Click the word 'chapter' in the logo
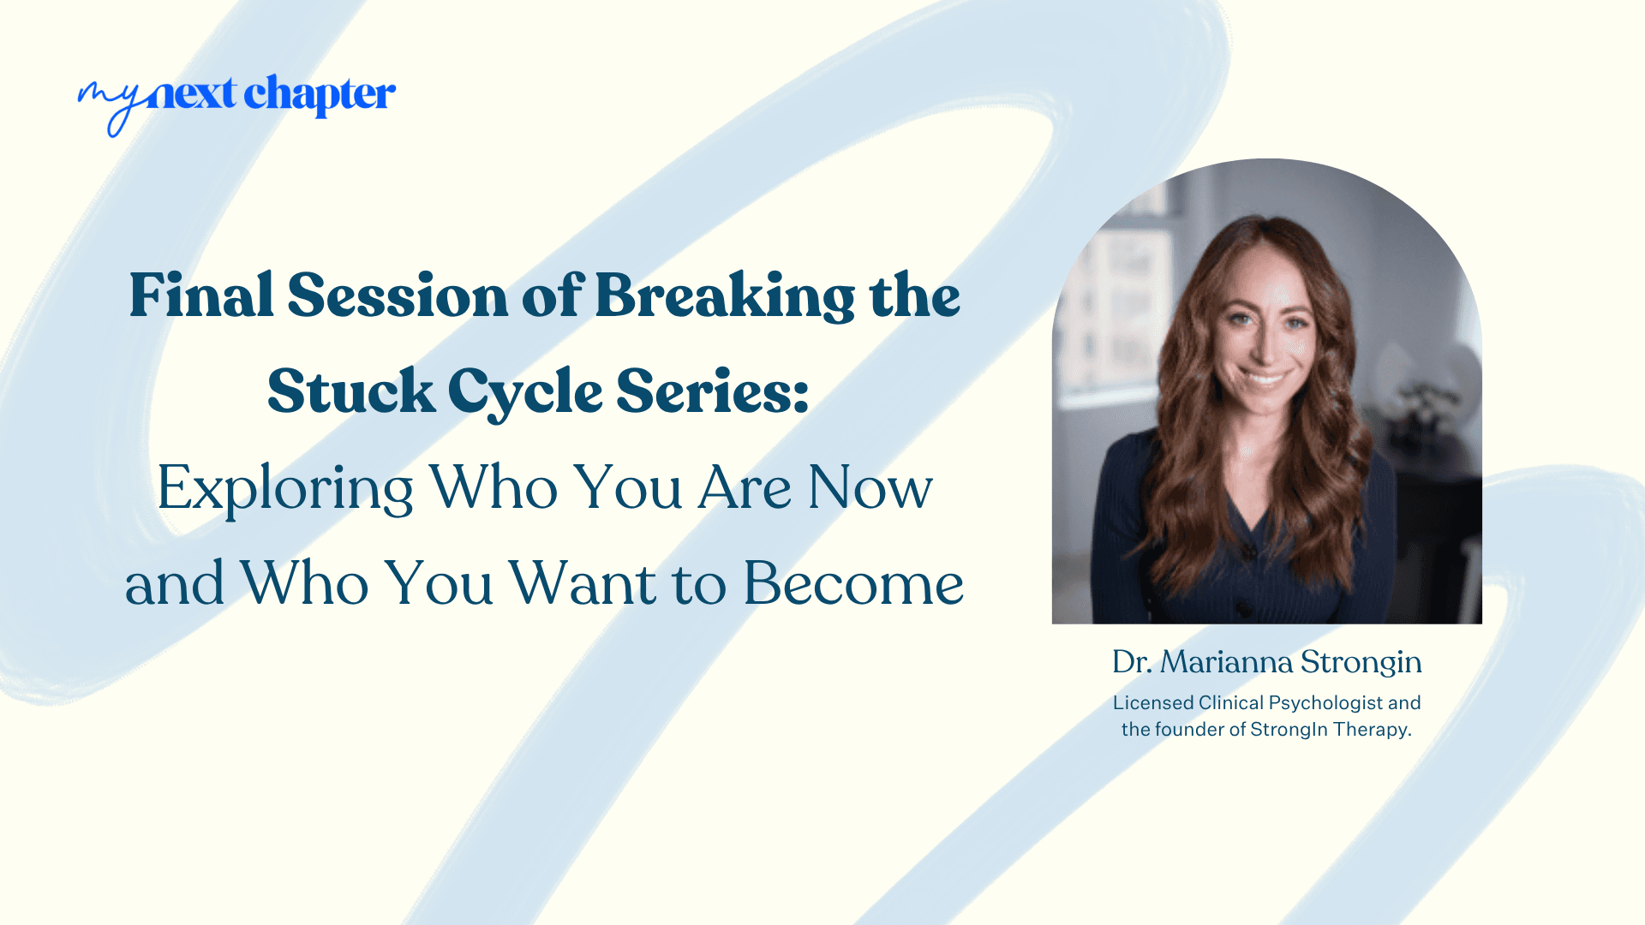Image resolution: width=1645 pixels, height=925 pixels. pyautogui.click(x=320, y=94)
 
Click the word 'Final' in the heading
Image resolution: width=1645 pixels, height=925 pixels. pyautogui.click(x=201, y=296)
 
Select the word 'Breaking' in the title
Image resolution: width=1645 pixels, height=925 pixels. pyautogui.click(x=724, y=296)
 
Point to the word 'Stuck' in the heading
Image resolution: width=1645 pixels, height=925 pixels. pyautogui.click(x=350, y=392)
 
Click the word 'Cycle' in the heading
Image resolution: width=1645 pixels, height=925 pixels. pyautogui.click(x=525, y=392)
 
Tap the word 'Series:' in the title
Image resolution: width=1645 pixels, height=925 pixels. pyautogui.click(x=712, y=392)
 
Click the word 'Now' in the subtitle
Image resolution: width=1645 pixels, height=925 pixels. pyautogui.click(x=870, y=488)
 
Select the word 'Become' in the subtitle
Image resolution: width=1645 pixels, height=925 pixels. pyautogui.click(x=853, y=584)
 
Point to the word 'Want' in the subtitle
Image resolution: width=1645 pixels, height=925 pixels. pyautogui.click(x=583, y=584)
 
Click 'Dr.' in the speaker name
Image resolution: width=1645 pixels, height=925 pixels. pyautogui.click(x=1131, y=662)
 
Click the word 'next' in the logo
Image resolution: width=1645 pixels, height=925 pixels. pyautogui.click(x=190, y=94)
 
